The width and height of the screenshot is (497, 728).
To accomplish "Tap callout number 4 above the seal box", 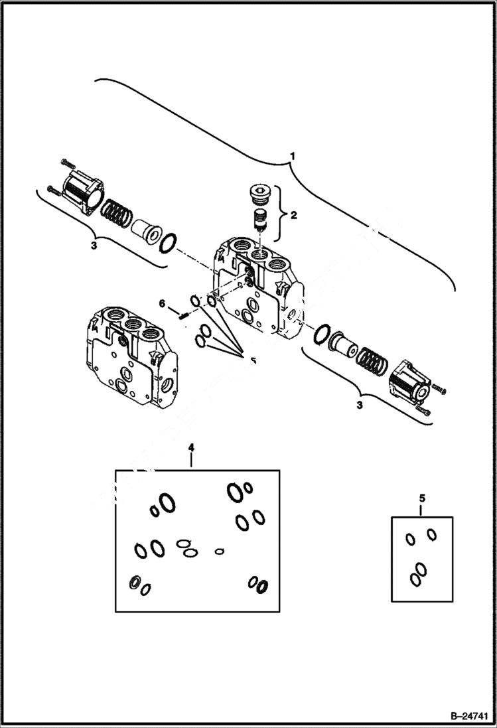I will (191, 449).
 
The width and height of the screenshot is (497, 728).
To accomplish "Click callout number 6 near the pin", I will (161, 303).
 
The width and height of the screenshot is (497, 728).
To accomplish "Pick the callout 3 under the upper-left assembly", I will (94, 246).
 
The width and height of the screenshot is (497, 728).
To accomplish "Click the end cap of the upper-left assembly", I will (82, 193).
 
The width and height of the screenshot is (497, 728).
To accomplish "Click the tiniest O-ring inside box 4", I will (220, 550).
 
